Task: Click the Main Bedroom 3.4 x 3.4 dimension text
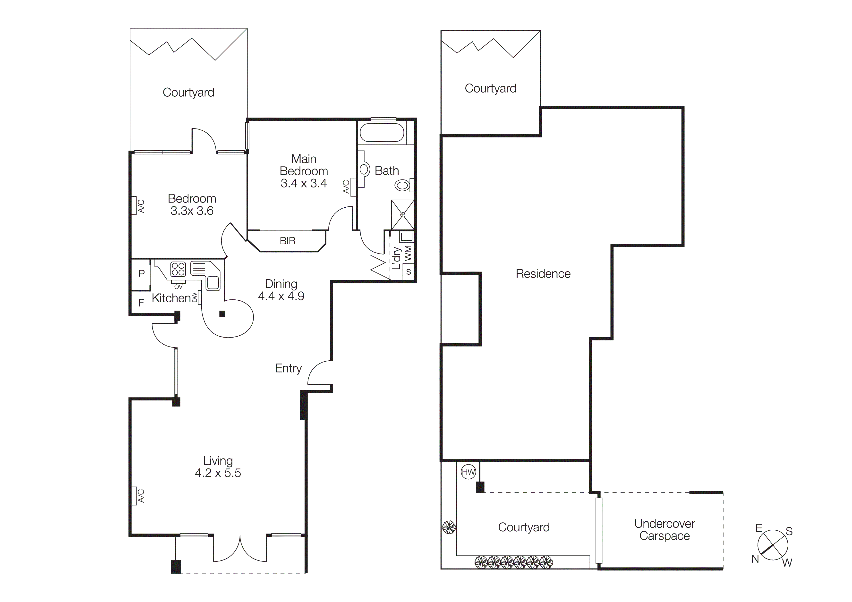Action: click(304, 183)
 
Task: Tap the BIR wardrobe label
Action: click(288, 241)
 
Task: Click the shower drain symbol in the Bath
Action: click(403, 215)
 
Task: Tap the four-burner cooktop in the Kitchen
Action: click(178, 269)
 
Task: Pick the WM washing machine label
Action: click(408, 253)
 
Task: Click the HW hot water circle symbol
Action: click(468, 472)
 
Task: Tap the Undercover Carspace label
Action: click(664, 530)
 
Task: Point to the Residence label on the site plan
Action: click(543, 274)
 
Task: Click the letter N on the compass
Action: click(755, 559)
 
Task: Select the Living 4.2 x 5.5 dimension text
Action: click(218, 473)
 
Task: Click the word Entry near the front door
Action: click(288, 368)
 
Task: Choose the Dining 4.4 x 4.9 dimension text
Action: click(281, 296)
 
